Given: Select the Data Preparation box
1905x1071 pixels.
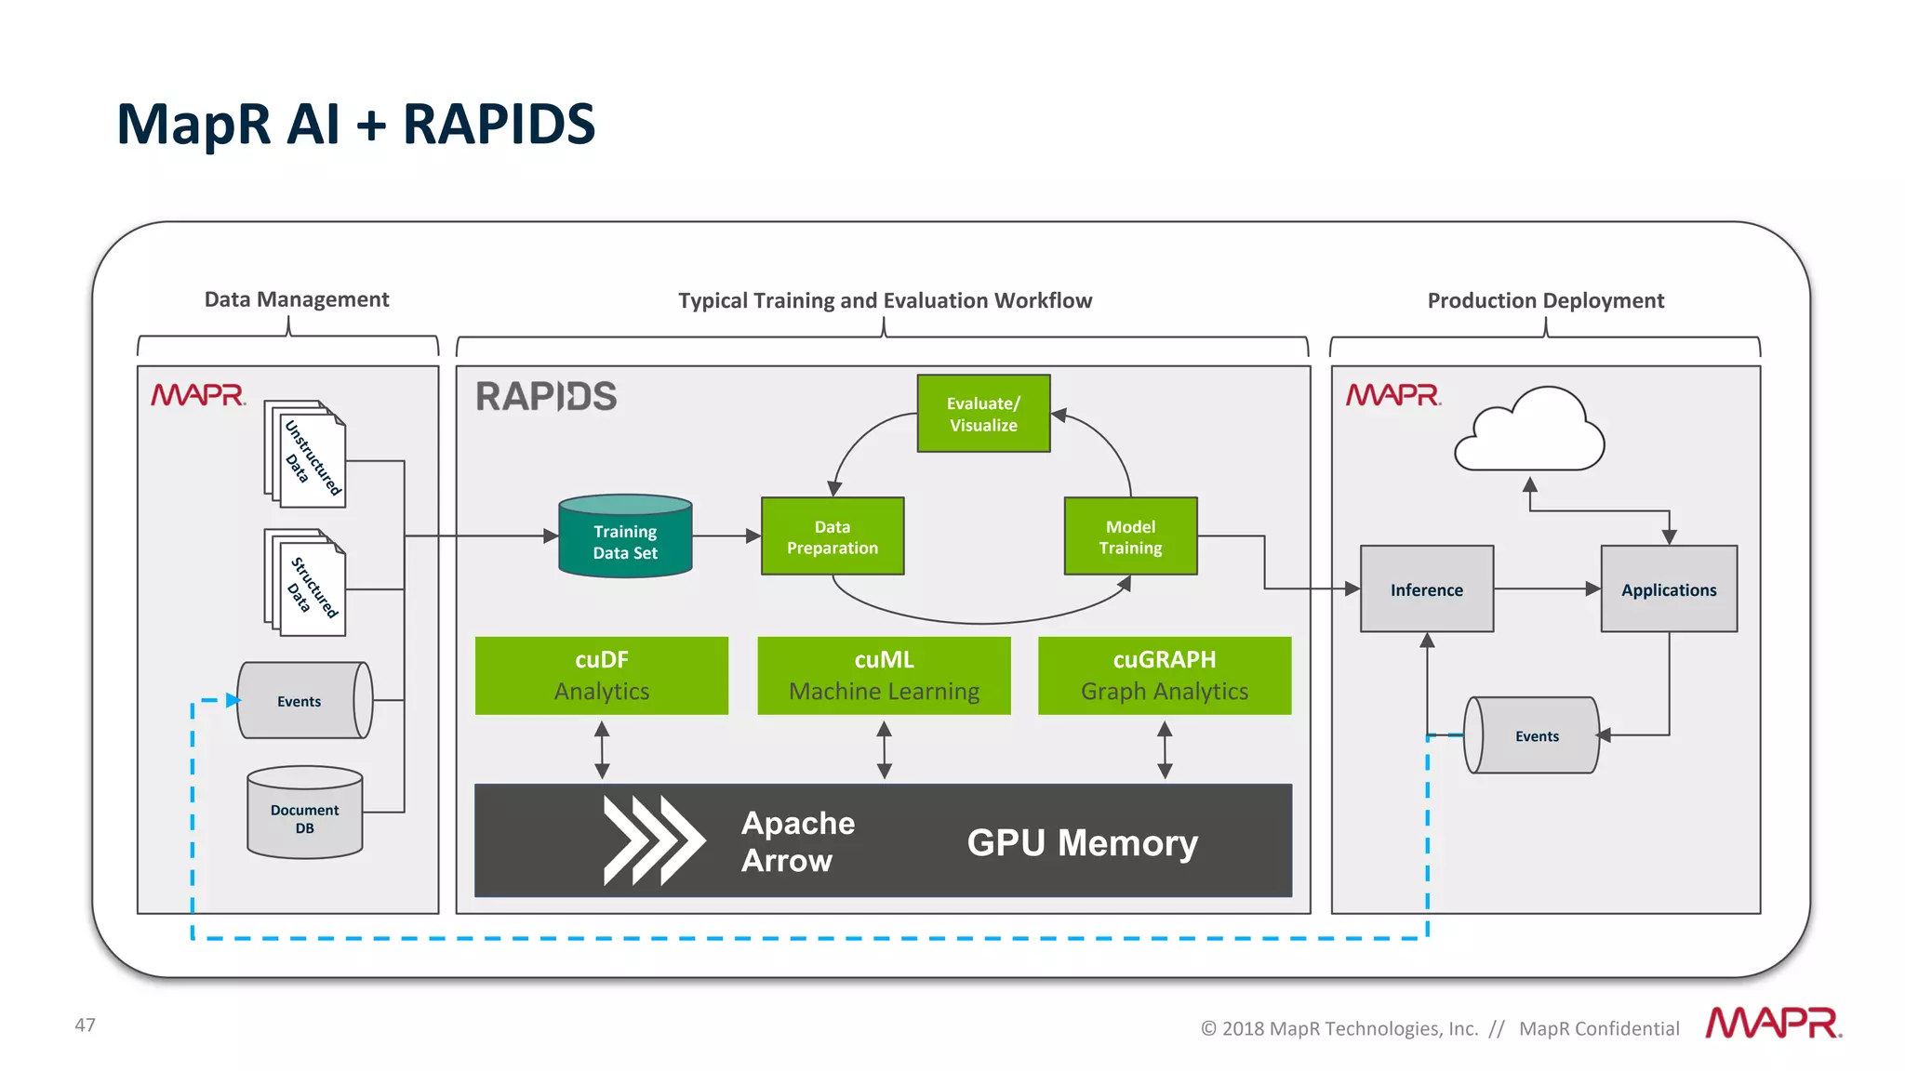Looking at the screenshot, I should coord(833,536).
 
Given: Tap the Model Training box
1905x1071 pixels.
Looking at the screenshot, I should coord(1130,536).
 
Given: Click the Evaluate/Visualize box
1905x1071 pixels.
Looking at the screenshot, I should coord(983,414).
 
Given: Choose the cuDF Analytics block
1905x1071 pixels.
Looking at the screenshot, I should coord(602,676).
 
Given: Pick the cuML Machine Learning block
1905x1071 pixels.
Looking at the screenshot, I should coord(884,676).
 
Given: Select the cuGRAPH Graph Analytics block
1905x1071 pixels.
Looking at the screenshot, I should coord(1165,676).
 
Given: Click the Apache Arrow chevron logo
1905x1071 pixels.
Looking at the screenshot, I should coord(653,840).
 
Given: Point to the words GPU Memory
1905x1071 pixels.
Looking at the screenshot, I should coord(1082,842).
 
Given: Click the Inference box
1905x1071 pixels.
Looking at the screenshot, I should coord(1427,589).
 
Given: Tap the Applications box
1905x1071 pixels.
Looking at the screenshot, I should coord(1669,589).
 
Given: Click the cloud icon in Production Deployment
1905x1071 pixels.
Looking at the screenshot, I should coord(1530,433).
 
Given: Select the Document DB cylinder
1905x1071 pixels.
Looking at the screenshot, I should coord(305,813).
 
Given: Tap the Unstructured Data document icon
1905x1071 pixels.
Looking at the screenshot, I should coord(307,456).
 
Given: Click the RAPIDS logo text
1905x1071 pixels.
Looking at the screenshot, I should coord(546,397).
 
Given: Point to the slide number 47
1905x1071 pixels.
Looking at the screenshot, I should coord(85,1025).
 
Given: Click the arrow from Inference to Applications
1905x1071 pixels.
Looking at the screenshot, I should coord(1546,588).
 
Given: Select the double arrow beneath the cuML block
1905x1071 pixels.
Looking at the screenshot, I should coord(884,750).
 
